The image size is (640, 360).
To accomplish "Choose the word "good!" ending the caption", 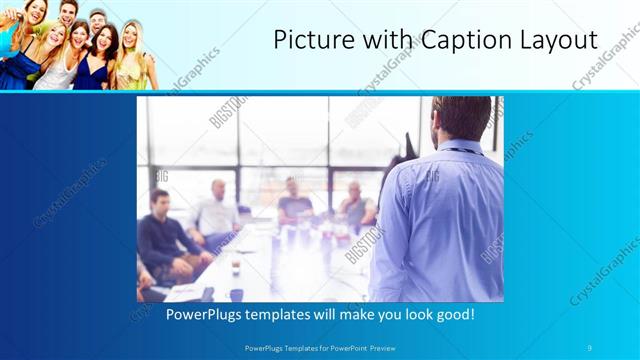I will pyautogui.click(x=451, y=314).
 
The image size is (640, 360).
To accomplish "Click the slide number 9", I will pyautogui.click(x=590, y=347).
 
